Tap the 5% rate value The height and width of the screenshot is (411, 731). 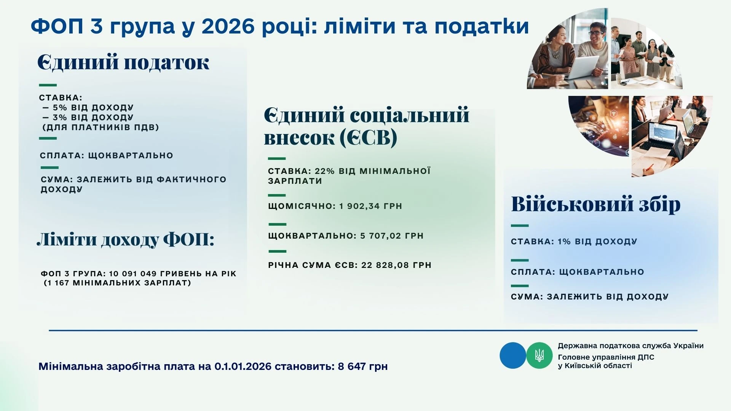pos(60,108)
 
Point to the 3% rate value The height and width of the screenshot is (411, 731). pos(60,118)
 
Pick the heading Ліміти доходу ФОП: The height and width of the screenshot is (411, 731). pos(126,240)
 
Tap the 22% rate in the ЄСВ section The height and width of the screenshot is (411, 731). pos(325,171)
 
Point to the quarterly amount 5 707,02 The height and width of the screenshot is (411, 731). pos(381,236)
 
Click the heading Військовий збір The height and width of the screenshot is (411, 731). pos(595,204)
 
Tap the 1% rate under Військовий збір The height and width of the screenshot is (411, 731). pos(564,242)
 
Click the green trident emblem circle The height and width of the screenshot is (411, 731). pos(539,355)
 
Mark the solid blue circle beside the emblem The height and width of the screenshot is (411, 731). pos(512,355)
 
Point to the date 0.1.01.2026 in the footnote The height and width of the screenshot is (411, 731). pos(243,366)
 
